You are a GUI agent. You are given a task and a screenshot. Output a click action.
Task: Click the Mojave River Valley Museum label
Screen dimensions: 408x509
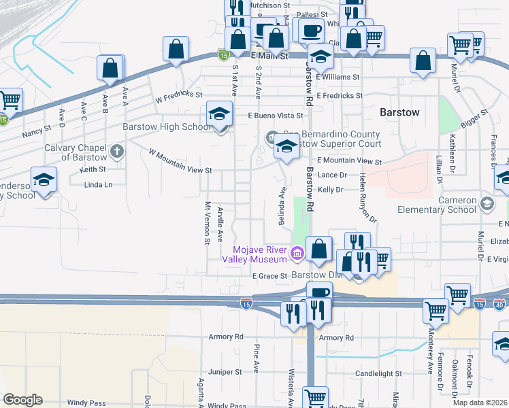click(255, 254)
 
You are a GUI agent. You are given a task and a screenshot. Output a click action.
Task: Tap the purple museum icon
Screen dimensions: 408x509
click(296, 254)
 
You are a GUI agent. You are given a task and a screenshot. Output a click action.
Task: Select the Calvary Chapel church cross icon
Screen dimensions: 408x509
click(117, 150)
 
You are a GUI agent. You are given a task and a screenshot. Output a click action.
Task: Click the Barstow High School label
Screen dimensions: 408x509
click(166, 127)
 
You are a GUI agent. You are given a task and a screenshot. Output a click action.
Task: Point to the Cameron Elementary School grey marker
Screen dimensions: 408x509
click(487, 203)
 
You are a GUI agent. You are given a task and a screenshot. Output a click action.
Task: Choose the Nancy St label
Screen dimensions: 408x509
click(37, 129)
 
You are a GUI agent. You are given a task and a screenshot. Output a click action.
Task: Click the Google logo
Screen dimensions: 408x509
click(22, 400)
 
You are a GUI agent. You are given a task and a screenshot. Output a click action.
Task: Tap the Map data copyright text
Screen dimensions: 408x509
click(480, 403)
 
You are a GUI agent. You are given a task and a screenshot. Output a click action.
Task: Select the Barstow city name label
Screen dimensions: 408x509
click(399, 112)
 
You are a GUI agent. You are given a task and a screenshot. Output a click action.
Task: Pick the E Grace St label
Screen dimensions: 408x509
click(270, 276)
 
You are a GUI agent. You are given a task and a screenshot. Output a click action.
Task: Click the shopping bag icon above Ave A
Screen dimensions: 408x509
click(110, 69)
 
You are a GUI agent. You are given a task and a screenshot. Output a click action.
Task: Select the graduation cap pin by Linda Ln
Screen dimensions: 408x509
click(44, 180)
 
